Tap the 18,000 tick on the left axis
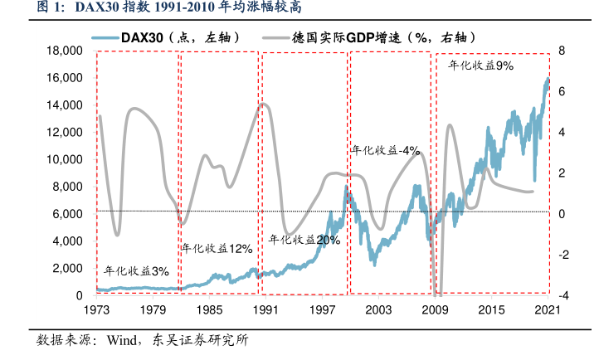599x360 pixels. (x=64, y=51)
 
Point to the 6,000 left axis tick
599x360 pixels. (x=67, y=214)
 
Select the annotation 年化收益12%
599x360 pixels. (x=217, y=248)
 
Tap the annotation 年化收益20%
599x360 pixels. (x=304, y=239)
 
